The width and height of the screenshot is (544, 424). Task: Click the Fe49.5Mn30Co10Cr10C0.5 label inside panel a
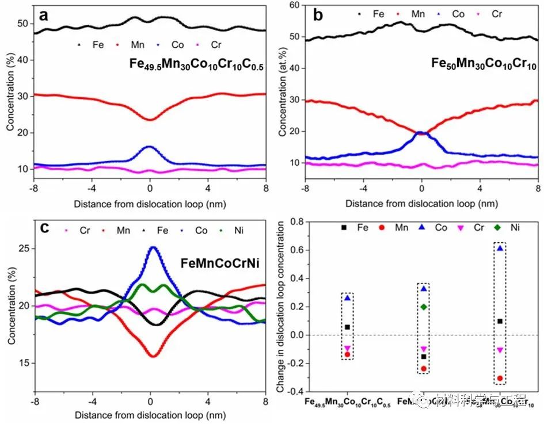coord(196,66)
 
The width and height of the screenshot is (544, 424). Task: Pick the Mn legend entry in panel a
coord(136,44)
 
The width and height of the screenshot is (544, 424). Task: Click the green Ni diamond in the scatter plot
coord(424,307)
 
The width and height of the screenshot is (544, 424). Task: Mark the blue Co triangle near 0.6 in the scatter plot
coord(500,249)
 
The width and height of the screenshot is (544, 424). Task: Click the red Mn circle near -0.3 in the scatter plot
coord(500,379)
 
